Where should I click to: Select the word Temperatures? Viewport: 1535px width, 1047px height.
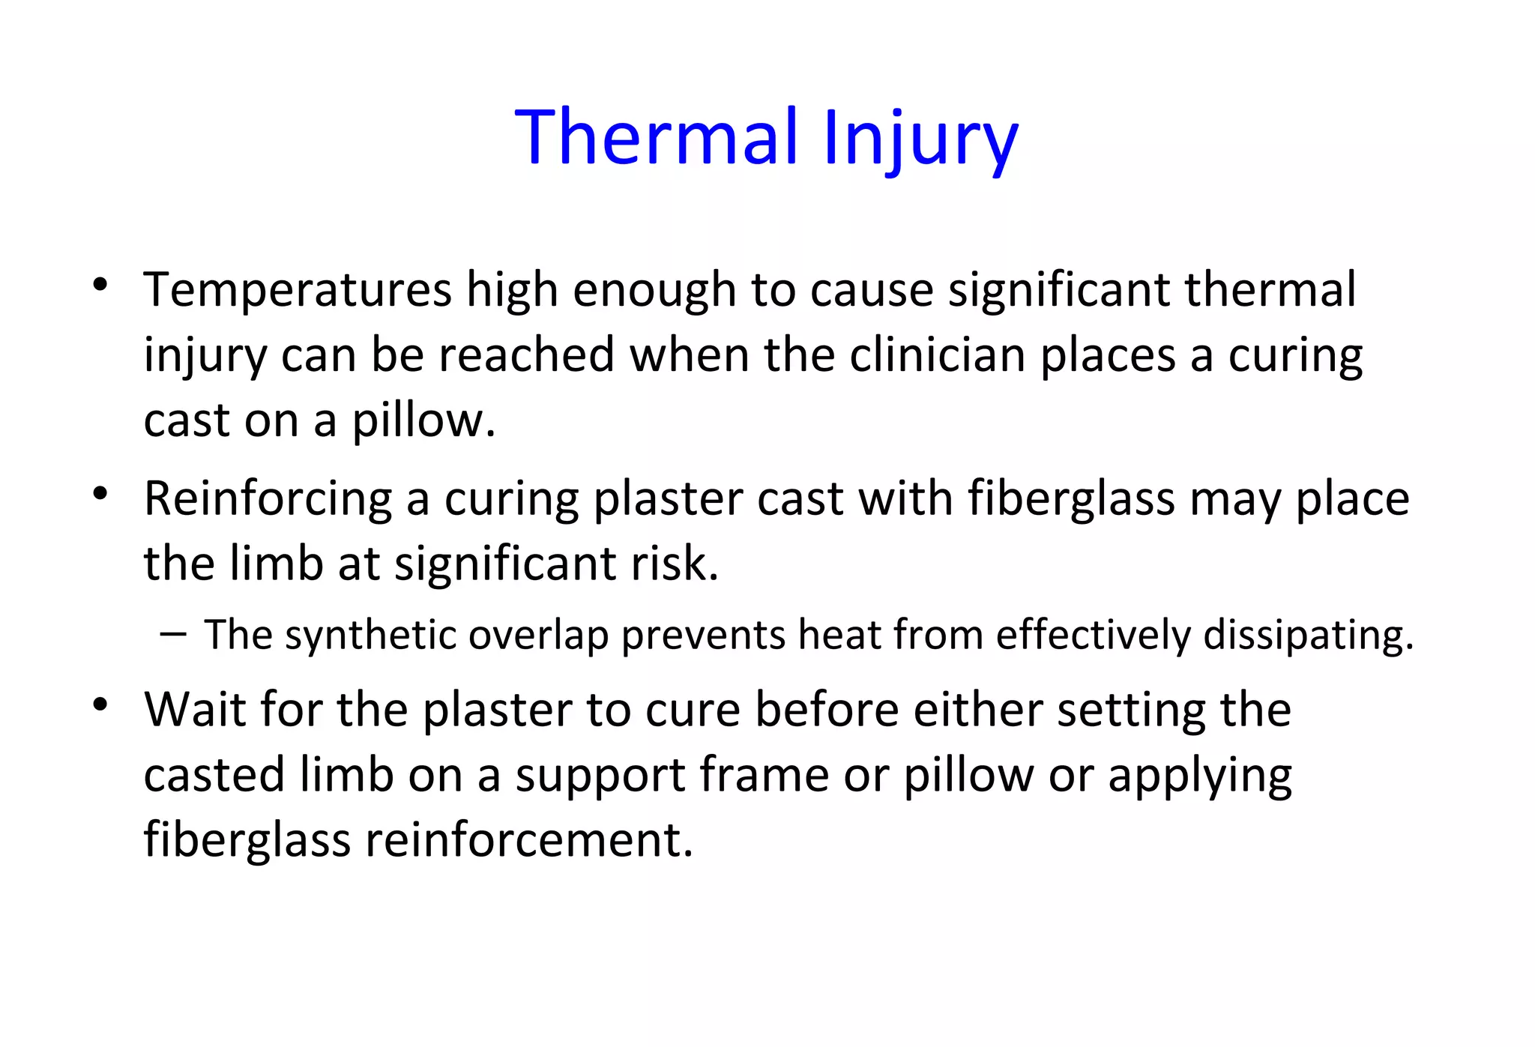298,290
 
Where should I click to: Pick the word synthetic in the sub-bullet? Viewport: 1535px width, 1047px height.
370,636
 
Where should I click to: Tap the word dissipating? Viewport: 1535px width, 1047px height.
1308,636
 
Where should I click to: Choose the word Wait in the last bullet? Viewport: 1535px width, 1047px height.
195,709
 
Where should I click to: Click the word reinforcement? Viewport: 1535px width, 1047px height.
528,839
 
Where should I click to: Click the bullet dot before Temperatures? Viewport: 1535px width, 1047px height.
100,285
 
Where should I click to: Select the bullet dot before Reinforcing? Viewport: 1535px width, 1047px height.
100,494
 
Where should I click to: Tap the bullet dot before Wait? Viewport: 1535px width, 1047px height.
100,704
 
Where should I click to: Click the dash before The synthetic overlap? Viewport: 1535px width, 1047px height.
172,634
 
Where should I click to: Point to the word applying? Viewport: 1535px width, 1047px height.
1200,776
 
